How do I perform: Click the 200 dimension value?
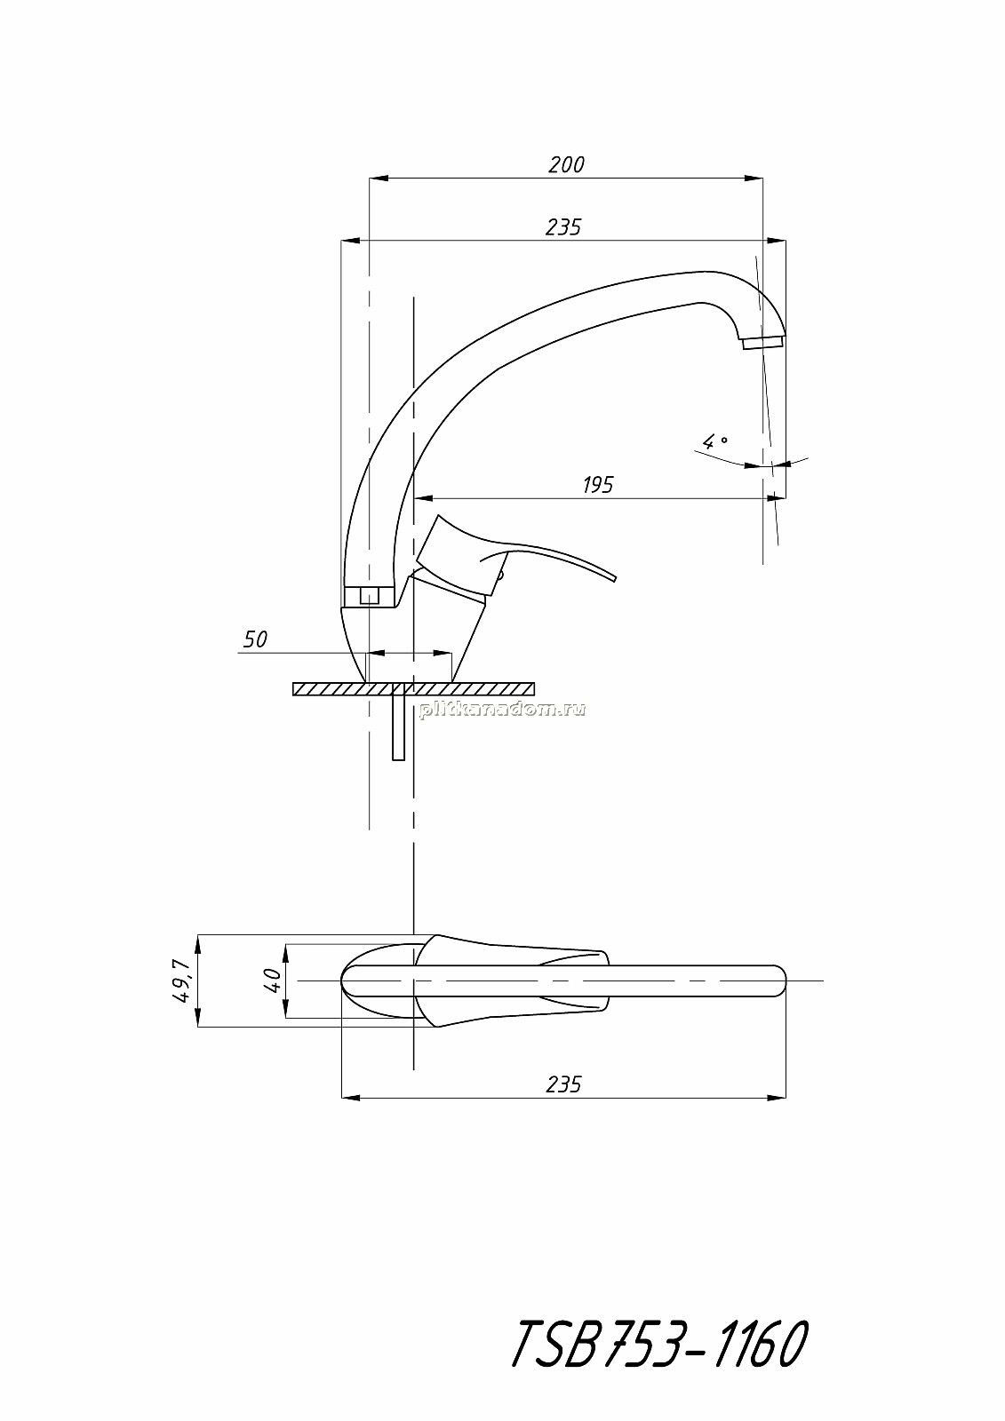pyautogui.click(x=566, y=165)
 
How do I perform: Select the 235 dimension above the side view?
pyautogui.click(x=563, y=226)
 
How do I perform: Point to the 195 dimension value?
pyautogui.click(x=598, y=485)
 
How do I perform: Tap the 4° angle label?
pyautogui.click(x=714, y=440)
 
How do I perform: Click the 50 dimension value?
pyautogui.click(x=255, y=639)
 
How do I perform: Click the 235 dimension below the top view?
pyautogui.click(x=563, y=1084)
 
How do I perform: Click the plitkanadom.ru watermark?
pyautogui.click(x=502, y=710)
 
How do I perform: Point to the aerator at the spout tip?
pyautogui.click(x=762, y=343)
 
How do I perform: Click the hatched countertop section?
pyautogui.click(x=413, y=689)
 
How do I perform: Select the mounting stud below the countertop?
pyautogui.click(x=399, y=727)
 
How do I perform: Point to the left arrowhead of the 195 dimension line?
pyautogui.click(x=423, y=498)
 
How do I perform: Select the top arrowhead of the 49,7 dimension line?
pyautogui.click(x=197, y=944)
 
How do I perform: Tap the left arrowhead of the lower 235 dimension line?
pyautogui.click(x=351, y=1098)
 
